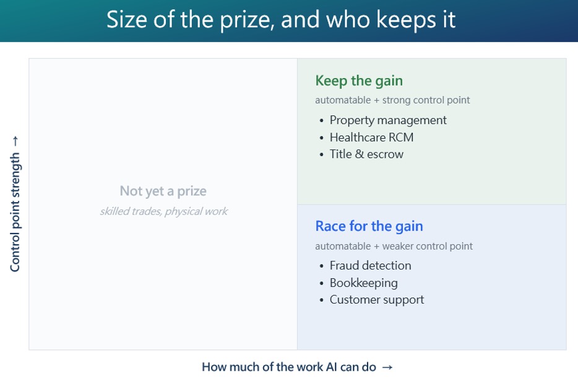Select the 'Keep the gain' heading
tap(359, 81)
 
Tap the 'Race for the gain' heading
tap(369, 226)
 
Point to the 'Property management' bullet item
tap(388, 120)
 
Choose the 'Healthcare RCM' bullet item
tap(371, 138)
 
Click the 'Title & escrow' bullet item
tap(366, 154)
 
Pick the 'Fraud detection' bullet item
tap(371, 265)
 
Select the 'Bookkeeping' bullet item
tap(363, 283)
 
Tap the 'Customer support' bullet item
tap(377, 299)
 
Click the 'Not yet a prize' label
tap(163, 191)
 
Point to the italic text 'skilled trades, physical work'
tap(163, 211)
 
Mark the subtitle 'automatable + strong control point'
tap(392, 100)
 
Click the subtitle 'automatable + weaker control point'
tap(394, 246)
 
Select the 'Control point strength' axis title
tap(15, 213)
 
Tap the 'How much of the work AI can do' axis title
tap(289, 367)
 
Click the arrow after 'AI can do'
tap(387, 367)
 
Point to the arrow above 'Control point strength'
tap(15, 141)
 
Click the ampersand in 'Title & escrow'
tap(360, 154)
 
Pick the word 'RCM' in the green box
tap(401, 138)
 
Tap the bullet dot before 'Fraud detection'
tap(321, 266)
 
